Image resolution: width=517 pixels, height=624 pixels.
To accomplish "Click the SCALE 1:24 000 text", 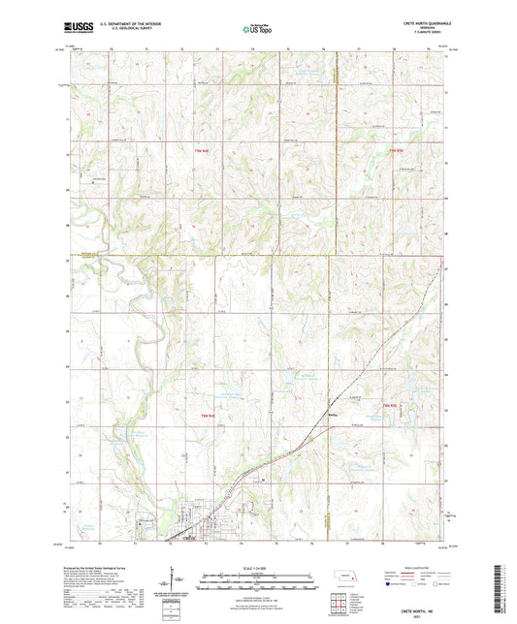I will click(257, 568).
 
